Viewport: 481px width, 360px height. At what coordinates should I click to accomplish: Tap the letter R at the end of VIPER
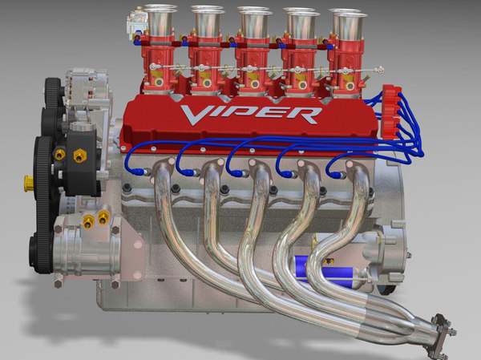click(309, 115)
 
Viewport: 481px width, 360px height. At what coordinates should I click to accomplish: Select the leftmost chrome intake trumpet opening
click(153, 12)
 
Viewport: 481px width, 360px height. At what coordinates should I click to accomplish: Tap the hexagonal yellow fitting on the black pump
click(79, 156)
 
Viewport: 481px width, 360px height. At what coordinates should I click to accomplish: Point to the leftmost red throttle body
click(157, 64)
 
